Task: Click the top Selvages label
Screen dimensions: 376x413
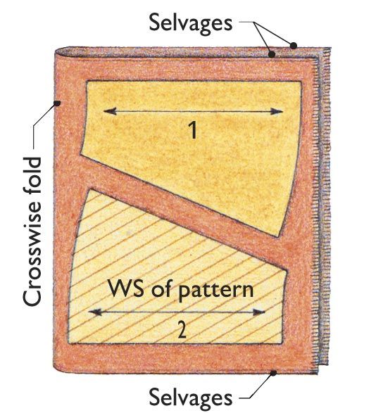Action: (190, 23)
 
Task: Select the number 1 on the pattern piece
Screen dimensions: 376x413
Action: (194, 130)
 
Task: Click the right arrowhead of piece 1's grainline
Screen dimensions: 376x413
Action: (277, 111)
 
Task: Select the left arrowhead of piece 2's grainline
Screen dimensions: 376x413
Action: (95, 312)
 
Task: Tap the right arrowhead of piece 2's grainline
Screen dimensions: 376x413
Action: (258, 312)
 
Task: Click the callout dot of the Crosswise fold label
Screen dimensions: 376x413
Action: (57, 103)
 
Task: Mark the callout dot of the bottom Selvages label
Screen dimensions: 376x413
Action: (274, 373)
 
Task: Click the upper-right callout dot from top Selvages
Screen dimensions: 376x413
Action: (294, 46)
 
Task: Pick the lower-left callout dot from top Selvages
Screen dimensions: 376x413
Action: (272, 54)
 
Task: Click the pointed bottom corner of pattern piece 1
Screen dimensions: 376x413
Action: (278, 236)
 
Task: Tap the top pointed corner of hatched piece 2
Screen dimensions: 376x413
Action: (92, 189)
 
